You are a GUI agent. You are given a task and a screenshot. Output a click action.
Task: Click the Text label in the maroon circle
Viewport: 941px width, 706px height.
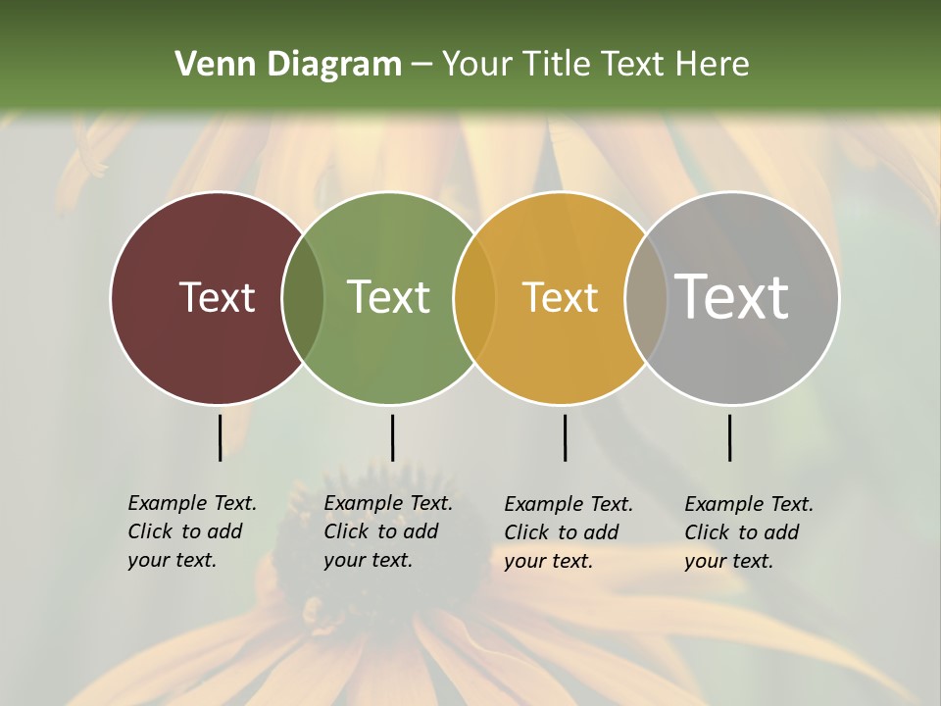click(x=217, y=297)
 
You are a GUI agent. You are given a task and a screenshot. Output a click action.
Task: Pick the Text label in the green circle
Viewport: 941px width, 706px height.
click(x=388, y=297)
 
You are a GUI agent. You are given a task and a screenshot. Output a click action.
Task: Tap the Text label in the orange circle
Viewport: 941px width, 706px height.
click(x=560, y=297)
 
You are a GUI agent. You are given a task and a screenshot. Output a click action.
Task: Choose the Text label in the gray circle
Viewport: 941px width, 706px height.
click(x=731, y=297)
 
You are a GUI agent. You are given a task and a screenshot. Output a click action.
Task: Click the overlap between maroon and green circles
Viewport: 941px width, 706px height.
click(x=303, y=297)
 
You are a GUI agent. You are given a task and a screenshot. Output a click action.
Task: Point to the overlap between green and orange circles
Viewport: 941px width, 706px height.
click(x=474, y=297)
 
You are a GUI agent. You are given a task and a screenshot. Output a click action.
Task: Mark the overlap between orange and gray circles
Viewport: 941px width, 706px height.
click(x=646, y=297)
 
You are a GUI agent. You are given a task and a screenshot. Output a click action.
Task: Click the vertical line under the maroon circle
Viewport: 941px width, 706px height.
click(x=220, y=437)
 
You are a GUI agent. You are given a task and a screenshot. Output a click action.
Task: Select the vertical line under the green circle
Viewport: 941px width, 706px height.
click(x=392, y=437)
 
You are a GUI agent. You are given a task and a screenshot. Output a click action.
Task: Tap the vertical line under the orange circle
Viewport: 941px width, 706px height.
click(x=565, y=437)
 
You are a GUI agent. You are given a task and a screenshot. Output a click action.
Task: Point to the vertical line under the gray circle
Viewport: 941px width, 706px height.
click(x=729, y=437)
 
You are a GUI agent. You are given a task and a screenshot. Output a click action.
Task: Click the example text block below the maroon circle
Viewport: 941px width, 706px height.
click(x=191, y=531)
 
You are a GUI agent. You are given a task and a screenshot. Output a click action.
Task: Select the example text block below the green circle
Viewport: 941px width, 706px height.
click(x=387, y=531)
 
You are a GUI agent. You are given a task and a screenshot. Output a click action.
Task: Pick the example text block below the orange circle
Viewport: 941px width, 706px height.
click(x=568, y=532)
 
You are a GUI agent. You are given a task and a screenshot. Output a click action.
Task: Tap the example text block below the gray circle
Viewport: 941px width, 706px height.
click(x=748, y=532)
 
